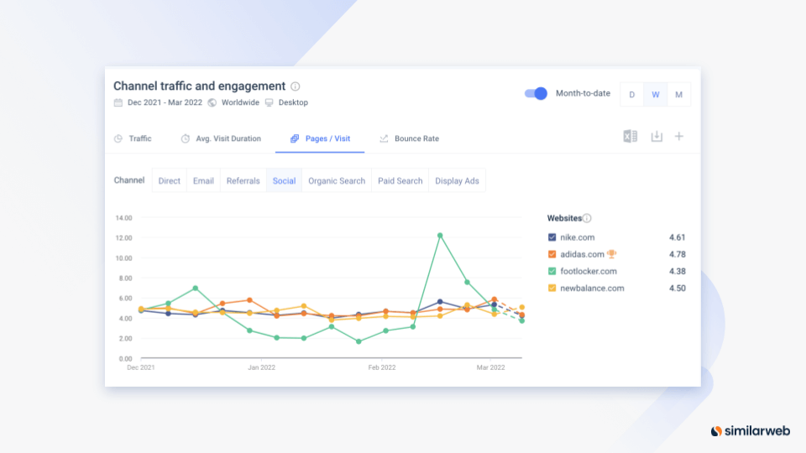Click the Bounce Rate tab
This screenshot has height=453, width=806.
pos(409,138)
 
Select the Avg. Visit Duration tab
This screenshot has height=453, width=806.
pos(221,138)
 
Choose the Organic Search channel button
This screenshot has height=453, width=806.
pos(337,181)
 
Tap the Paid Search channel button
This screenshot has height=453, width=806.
pos(400,181)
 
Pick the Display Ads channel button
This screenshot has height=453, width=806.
pos(457,181)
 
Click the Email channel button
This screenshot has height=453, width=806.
pos(203,181)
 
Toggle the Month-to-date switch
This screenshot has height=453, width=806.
pos(536,93)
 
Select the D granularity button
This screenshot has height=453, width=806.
pos(631,95)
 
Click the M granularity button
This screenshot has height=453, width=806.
pos(678,95)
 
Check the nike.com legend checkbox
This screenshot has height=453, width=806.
pos(552,237)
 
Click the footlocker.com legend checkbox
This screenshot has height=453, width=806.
pos(552,271)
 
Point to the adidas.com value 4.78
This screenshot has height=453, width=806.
pos(677,254)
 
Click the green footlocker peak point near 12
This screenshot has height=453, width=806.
pos(440,236)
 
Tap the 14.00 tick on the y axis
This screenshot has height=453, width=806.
pos(124,218)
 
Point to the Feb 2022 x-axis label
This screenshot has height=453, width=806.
pos(382,367)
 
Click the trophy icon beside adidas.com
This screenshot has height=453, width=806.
pos(611,253)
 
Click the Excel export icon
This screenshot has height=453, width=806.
pos(631,136)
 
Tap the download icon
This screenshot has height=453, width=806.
pos(657,136)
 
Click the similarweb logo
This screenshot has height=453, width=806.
pos(751,431)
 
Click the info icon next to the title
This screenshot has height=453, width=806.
pos(295,86)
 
